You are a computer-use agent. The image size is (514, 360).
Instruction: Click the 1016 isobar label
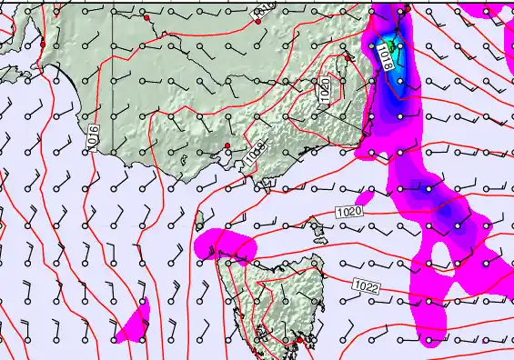[x=92, y=137]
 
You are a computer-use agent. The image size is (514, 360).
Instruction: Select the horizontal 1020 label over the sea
[x=348, y=212]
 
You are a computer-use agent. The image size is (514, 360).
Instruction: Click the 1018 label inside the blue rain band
[x=385, y=60]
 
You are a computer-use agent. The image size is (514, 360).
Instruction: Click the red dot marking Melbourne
[x=227, y=145]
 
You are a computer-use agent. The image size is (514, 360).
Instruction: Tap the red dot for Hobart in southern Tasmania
[x=299, y=340]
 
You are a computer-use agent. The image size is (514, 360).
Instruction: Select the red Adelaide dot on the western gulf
[x=42, y=43]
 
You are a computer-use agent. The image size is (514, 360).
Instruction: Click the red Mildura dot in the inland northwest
[x=146, y=18]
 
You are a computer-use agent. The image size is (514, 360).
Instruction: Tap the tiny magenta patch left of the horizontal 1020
[x=364, y=196]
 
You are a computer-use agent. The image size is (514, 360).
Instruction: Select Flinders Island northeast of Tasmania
[x=319, y=238]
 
